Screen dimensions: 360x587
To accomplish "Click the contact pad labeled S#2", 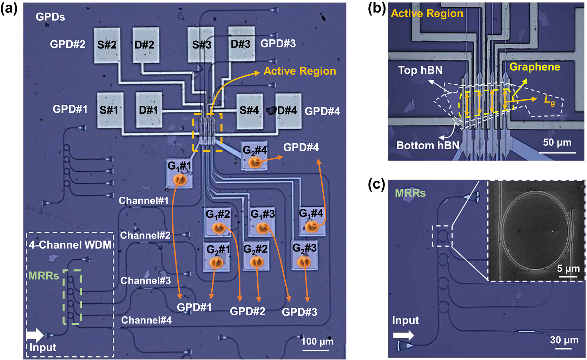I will (107, 45).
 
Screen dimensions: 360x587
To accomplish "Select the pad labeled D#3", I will (241, 44).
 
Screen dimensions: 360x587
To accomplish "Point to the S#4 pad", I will (250, 111).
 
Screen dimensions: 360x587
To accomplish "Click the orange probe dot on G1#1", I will (180, 180).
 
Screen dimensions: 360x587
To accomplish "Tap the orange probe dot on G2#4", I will (255, 163).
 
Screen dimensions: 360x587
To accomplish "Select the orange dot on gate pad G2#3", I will (304, 262).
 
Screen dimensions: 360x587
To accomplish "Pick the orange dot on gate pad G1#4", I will (311, 227).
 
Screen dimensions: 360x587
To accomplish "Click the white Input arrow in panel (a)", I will (34, 335).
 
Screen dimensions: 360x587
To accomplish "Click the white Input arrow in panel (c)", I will (403, 335).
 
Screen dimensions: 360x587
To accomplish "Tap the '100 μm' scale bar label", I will (317, 341).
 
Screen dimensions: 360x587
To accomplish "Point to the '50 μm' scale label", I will (557, 142).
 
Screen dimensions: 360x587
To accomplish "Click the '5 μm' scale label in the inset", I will (568, 268).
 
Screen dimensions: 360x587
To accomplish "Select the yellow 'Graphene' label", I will (535, 67).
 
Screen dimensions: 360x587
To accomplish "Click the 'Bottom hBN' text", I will (428, 145).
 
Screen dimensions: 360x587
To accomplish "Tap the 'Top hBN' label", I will (420, 70).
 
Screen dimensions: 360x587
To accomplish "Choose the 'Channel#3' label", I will (146, 281).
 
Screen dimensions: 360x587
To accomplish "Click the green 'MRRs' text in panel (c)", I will (410, 193).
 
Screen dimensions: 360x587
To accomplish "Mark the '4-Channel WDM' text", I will (70, 245).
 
